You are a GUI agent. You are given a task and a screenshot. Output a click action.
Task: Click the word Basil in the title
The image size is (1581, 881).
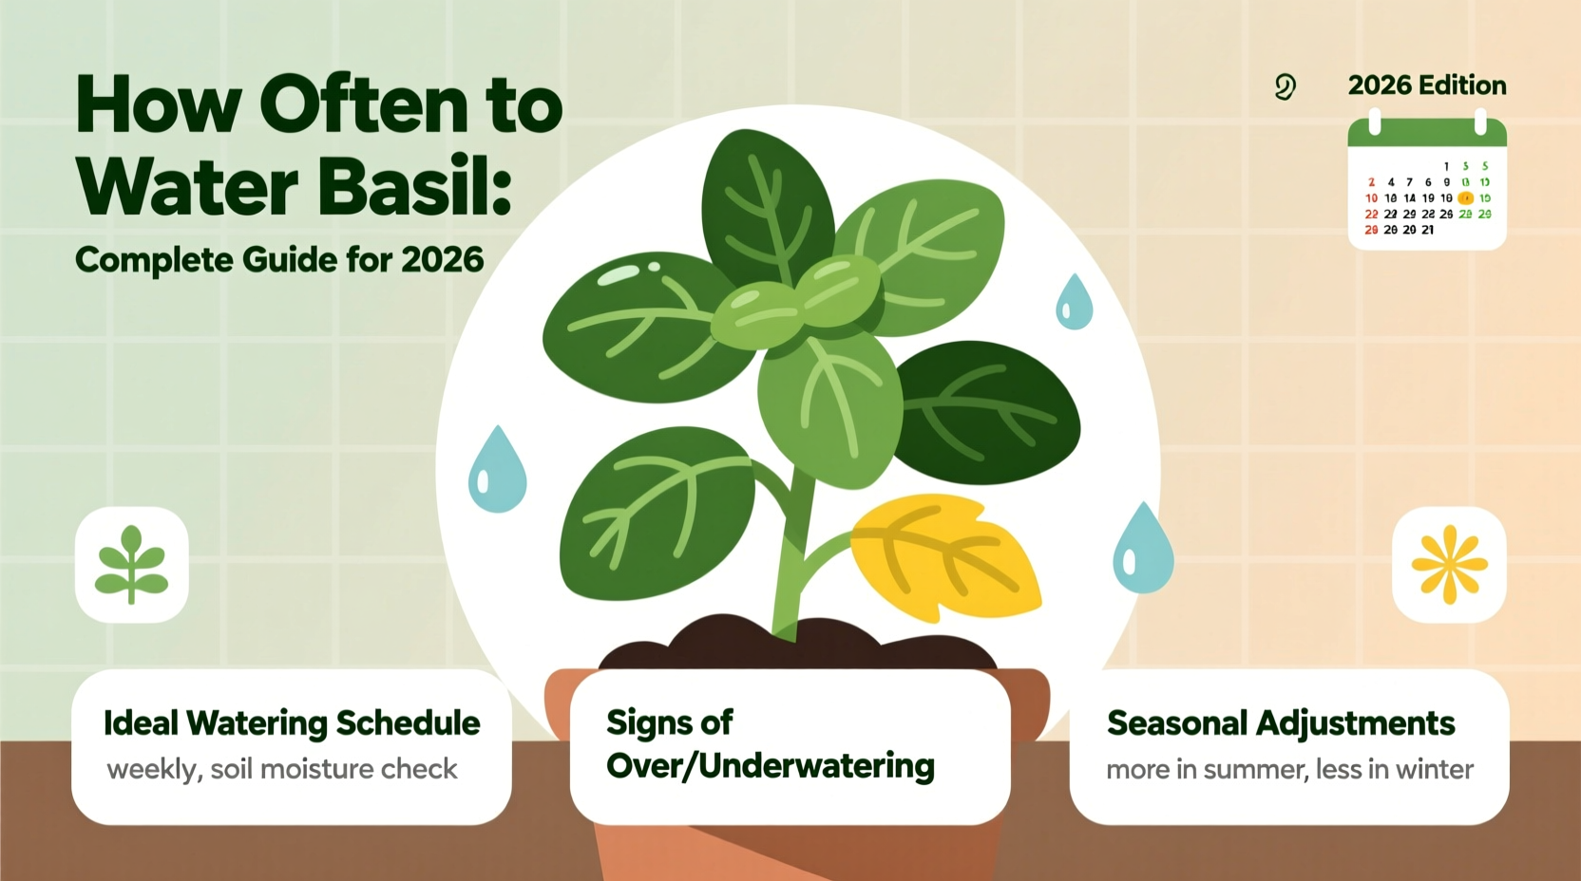tap(414, 186)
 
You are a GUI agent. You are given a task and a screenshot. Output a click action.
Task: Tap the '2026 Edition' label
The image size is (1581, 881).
tap(1426, 85)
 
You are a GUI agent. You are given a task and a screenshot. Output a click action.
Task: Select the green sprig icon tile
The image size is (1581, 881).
tap(132, 565)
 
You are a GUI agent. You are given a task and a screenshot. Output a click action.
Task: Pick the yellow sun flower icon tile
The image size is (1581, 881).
tap(1448, 565)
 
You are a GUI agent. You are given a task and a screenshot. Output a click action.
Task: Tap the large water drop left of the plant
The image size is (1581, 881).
tap(497, 472)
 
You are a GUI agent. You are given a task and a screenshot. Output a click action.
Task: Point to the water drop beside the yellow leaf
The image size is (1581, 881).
tap(1142, 551)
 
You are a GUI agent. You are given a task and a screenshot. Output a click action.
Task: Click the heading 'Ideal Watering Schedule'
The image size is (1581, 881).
tap(292, 722)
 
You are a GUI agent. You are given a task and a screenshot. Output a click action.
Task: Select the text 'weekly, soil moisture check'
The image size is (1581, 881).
tap(282, 769)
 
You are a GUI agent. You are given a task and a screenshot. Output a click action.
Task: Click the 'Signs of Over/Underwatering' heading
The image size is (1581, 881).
tap(770, 743)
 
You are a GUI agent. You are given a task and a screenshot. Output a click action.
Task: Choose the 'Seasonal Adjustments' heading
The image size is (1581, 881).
tap(1280, 723)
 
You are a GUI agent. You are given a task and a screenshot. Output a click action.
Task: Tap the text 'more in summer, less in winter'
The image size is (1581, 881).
tap(1289, 769)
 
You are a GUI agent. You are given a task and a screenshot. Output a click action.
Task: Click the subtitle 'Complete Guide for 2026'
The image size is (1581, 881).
tap(279, 259)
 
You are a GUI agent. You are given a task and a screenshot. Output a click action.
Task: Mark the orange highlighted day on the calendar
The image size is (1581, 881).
tap(1465, 198)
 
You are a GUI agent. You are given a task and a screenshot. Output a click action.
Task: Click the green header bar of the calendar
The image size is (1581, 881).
tap(1427, 133)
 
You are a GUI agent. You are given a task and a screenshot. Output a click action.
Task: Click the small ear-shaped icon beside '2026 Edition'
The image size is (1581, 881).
tap(1285, 87)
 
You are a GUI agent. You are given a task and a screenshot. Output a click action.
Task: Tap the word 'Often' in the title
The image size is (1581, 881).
tap(363, 104)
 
